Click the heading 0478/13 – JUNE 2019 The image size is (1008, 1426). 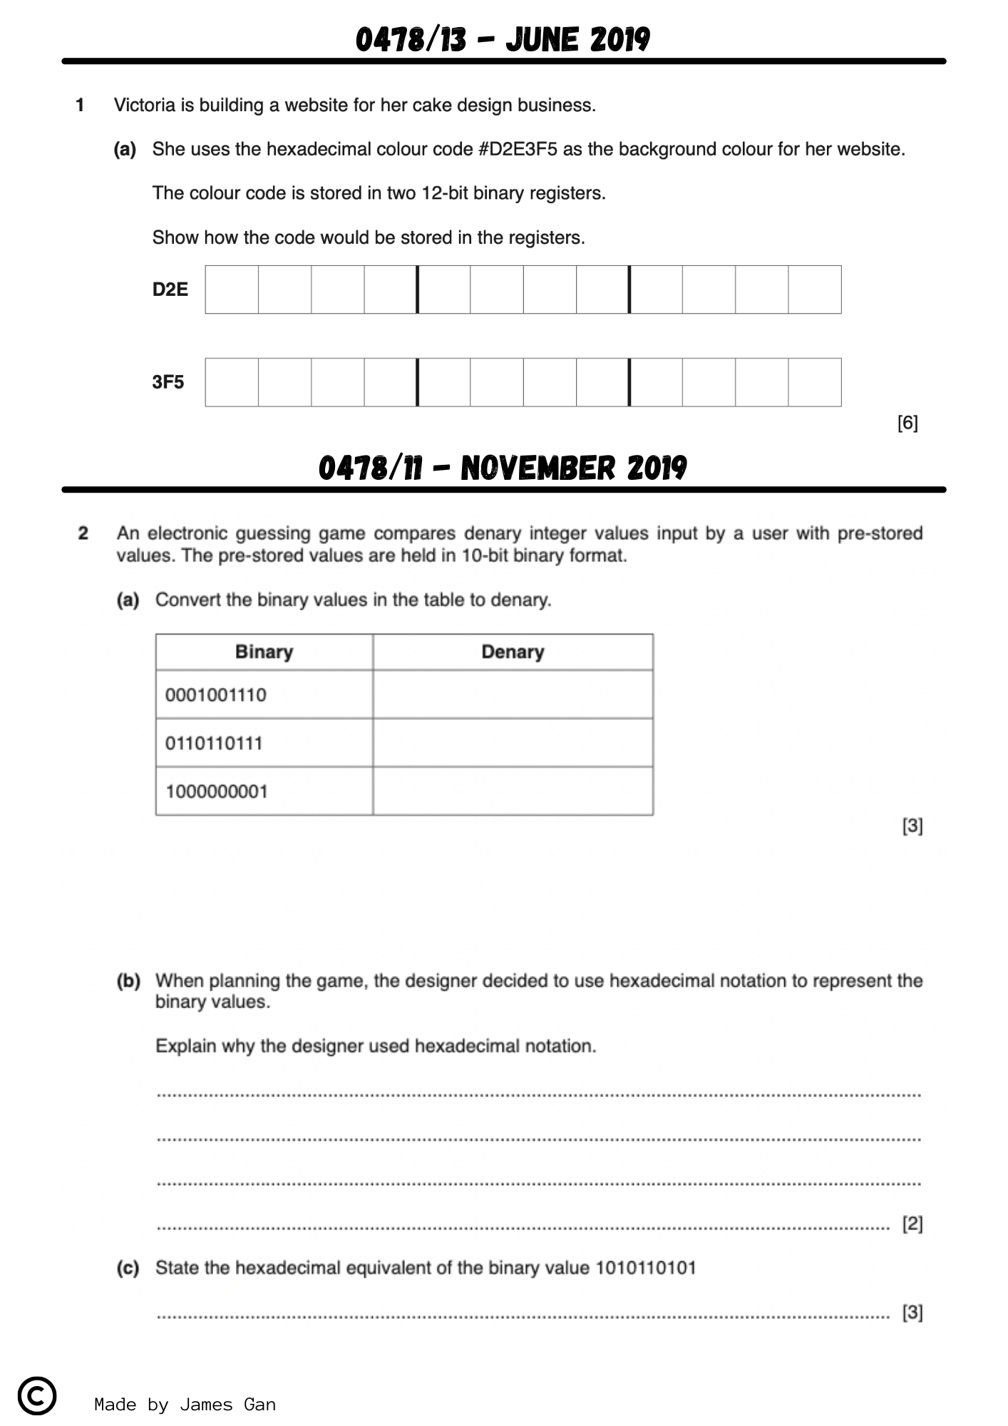tap(503, 39)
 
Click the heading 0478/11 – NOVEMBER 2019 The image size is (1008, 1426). tap(503, 468)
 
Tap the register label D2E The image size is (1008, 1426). tap(170, 289)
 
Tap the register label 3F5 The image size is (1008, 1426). tap(168, 382)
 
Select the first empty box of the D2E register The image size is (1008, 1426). tap(232, 289)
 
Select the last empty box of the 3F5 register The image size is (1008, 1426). tap(815, 382)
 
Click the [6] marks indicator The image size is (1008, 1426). tap(907, 423)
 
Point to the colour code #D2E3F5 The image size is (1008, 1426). tap(518, 149)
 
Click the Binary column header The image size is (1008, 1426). tap(264, 652)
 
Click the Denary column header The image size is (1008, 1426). tap(513, 652)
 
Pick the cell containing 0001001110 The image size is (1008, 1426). tap(264, 694)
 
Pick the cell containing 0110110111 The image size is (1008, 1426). tap(264, 743)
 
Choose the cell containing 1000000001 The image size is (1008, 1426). tap(264, 791)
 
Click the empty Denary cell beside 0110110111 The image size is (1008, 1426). tap(513, 743)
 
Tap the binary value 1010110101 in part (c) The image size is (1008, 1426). tap(645, 1268)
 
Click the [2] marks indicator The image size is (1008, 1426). tap(912, 1224)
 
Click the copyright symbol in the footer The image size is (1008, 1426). tap(37, 1395)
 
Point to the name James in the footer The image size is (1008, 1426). tap(206, 1405)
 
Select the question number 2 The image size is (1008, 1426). tap(83, 533)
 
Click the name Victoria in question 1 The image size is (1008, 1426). tap(145, 106)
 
